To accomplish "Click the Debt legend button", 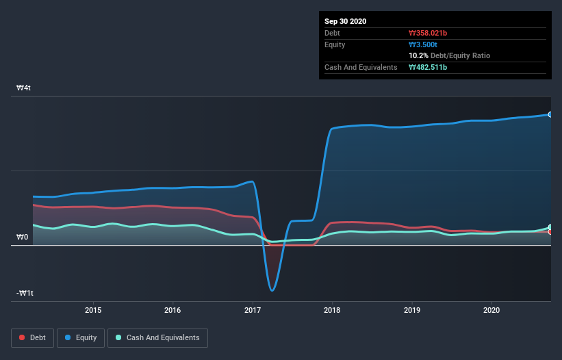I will pos(31,337).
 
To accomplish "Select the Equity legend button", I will pos(81,337).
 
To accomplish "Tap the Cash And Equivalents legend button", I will pos(157,337).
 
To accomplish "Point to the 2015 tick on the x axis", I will pos(93,310).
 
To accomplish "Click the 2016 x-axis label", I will pos(173,310).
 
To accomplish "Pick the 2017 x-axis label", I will pos(253,310).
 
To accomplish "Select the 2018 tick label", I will pos(332,310).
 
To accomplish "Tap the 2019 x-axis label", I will pos(412,310).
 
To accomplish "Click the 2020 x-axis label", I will pos(491,310).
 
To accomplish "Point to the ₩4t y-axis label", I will pos(24,88).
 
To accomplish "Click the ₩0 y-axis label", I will pos(23,237).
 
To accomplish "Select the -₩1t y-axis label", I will pos(25,294).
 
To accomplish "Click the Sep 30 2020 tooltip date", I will pos(345,21).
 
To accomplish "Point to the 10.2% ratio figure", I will pos(418,55).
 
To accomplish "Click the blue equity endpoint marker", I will pos(550,114).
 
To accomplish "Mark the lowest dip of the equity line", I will pos(272,290).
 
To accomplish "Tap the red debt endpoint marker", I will pos(550,232).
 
